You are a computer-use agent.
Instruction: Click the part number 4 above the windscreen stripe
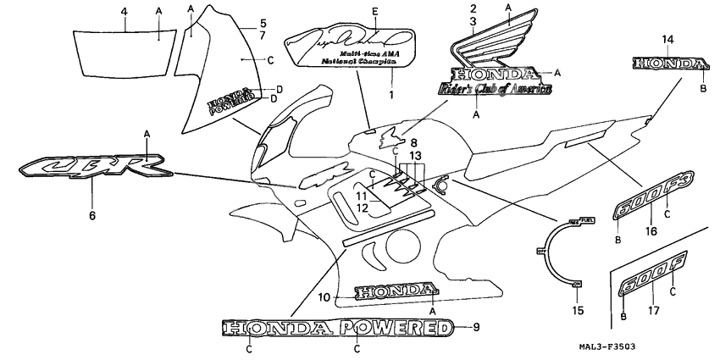pos(124,11)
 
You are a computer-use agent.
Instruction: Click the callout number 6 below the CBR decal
pos(91,215)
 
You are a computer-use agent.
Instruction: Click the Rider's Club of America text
pos(490,89)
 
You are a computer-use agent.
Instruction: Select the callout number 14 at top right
pos(667,40)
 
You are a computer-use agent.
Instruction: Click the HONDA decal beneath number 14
pos(668,64)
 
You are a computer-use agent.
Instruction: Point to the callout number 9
pos(475,327)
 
